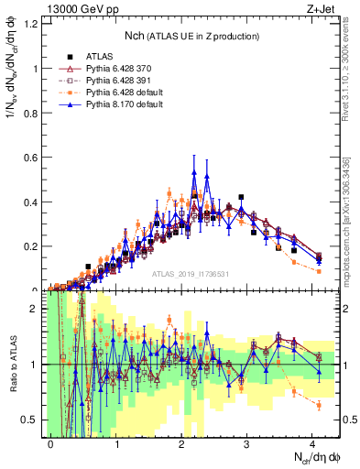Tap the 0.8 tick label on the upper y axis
click(x=35, y=113)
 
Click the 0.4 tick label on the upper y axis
click(x=35, y=202)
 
